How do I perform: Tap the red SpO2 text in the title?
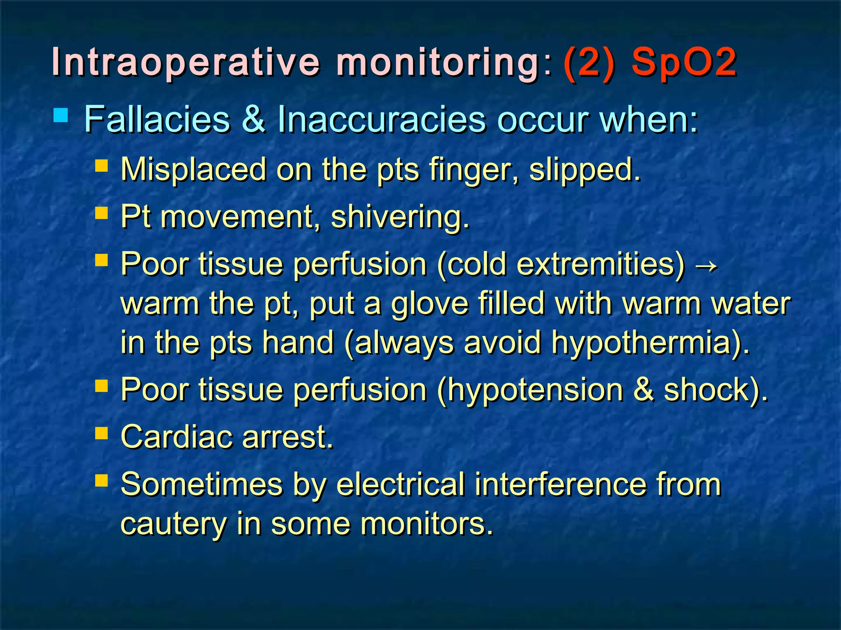(684, 62)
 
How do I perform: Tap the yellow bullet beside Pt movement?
(101, 213)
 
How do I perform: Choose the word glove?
(430, 304)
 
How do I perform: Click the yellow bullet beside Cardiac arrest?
(101, 433)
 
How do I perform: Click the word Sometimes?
(202, 484)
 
